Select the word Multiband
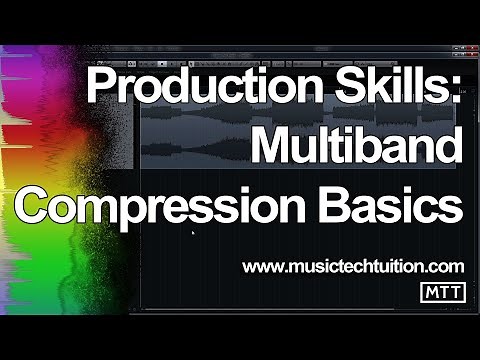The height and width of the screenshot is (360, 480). click(357, 149)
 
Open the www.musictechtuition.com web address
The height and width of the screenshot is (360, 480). click(353, 266)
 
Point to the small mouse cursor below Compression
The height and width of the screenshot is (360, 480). click(192, 233)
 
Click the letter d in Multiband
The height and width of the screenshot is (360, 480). click(450, 149)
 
